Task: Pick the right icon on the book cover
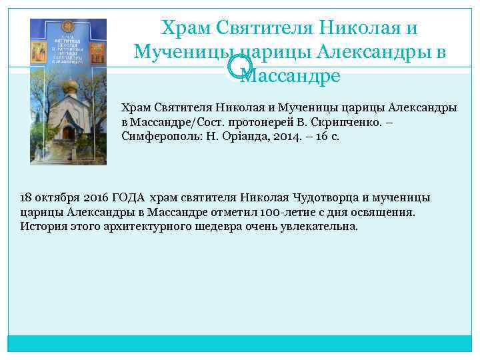click(97, 51)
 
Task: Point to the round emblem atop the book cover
click(68, 27)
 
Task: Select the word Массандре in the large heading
click(291, 75)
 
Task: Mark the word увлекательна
click(321, 226)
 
